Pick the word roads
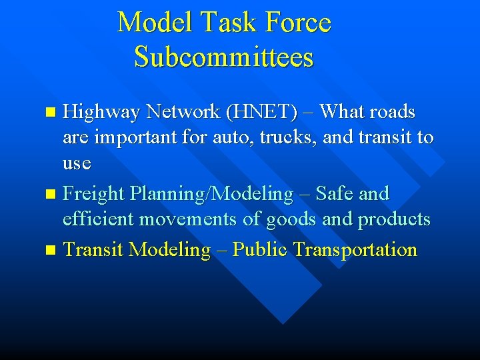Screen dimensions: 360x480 (x=393, y=112)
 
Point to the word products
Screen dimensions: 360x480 (x=394, y=219)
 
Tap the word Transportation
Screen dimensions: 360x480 (x=355, y=250)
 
